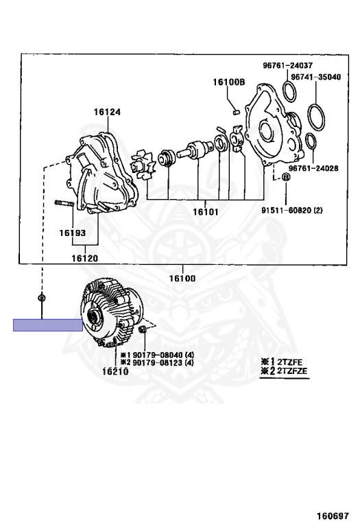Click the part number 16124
pyautogui.click(x=107, y=112)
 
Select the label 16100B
pyautogui.click(x=229, y=82)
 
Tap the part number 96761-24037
pyautogui.click(x=287, y=65)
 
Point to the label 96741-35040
pyautogui.click(x=315, y=77)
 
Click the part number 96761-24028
pyautogui.click(x=313, y=168)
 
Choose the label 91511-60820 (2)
pyautogui.click(x=292, y=211)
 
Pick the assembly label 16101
pyautogui.click(x=206, y=212)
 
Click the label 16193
pyautogui.click(x=73, y=233)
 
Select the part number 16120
pyautogui.click(x=84, y=258)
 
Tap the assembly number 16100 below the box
pyautogui.click(x=182, y=279)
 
